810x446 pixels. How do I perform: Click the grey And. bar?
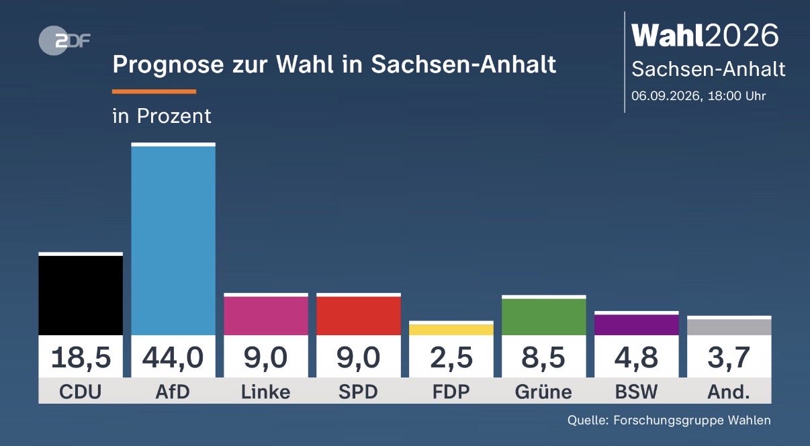point(729,326)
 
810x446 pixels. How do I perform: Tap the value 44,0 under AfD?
point(173,358)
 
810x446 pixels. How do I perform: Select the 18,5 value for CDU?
point(81,358)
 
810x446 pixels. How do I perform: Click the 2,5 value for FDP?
point(451,358)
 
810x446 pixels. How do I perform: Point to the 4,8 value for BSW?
point(636,358)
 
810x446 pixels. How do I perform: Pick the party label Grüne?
point(543,392)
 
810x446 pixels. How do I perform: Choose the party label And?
point(729,392)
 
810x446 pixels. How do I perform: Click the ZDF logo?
point(64,40)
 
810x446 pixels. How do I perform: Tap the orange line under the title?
point(154,91)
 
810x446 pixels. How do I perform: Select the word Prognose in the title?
point(168,65)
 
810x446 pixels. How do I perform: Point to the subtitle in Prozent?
point(162,116)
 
